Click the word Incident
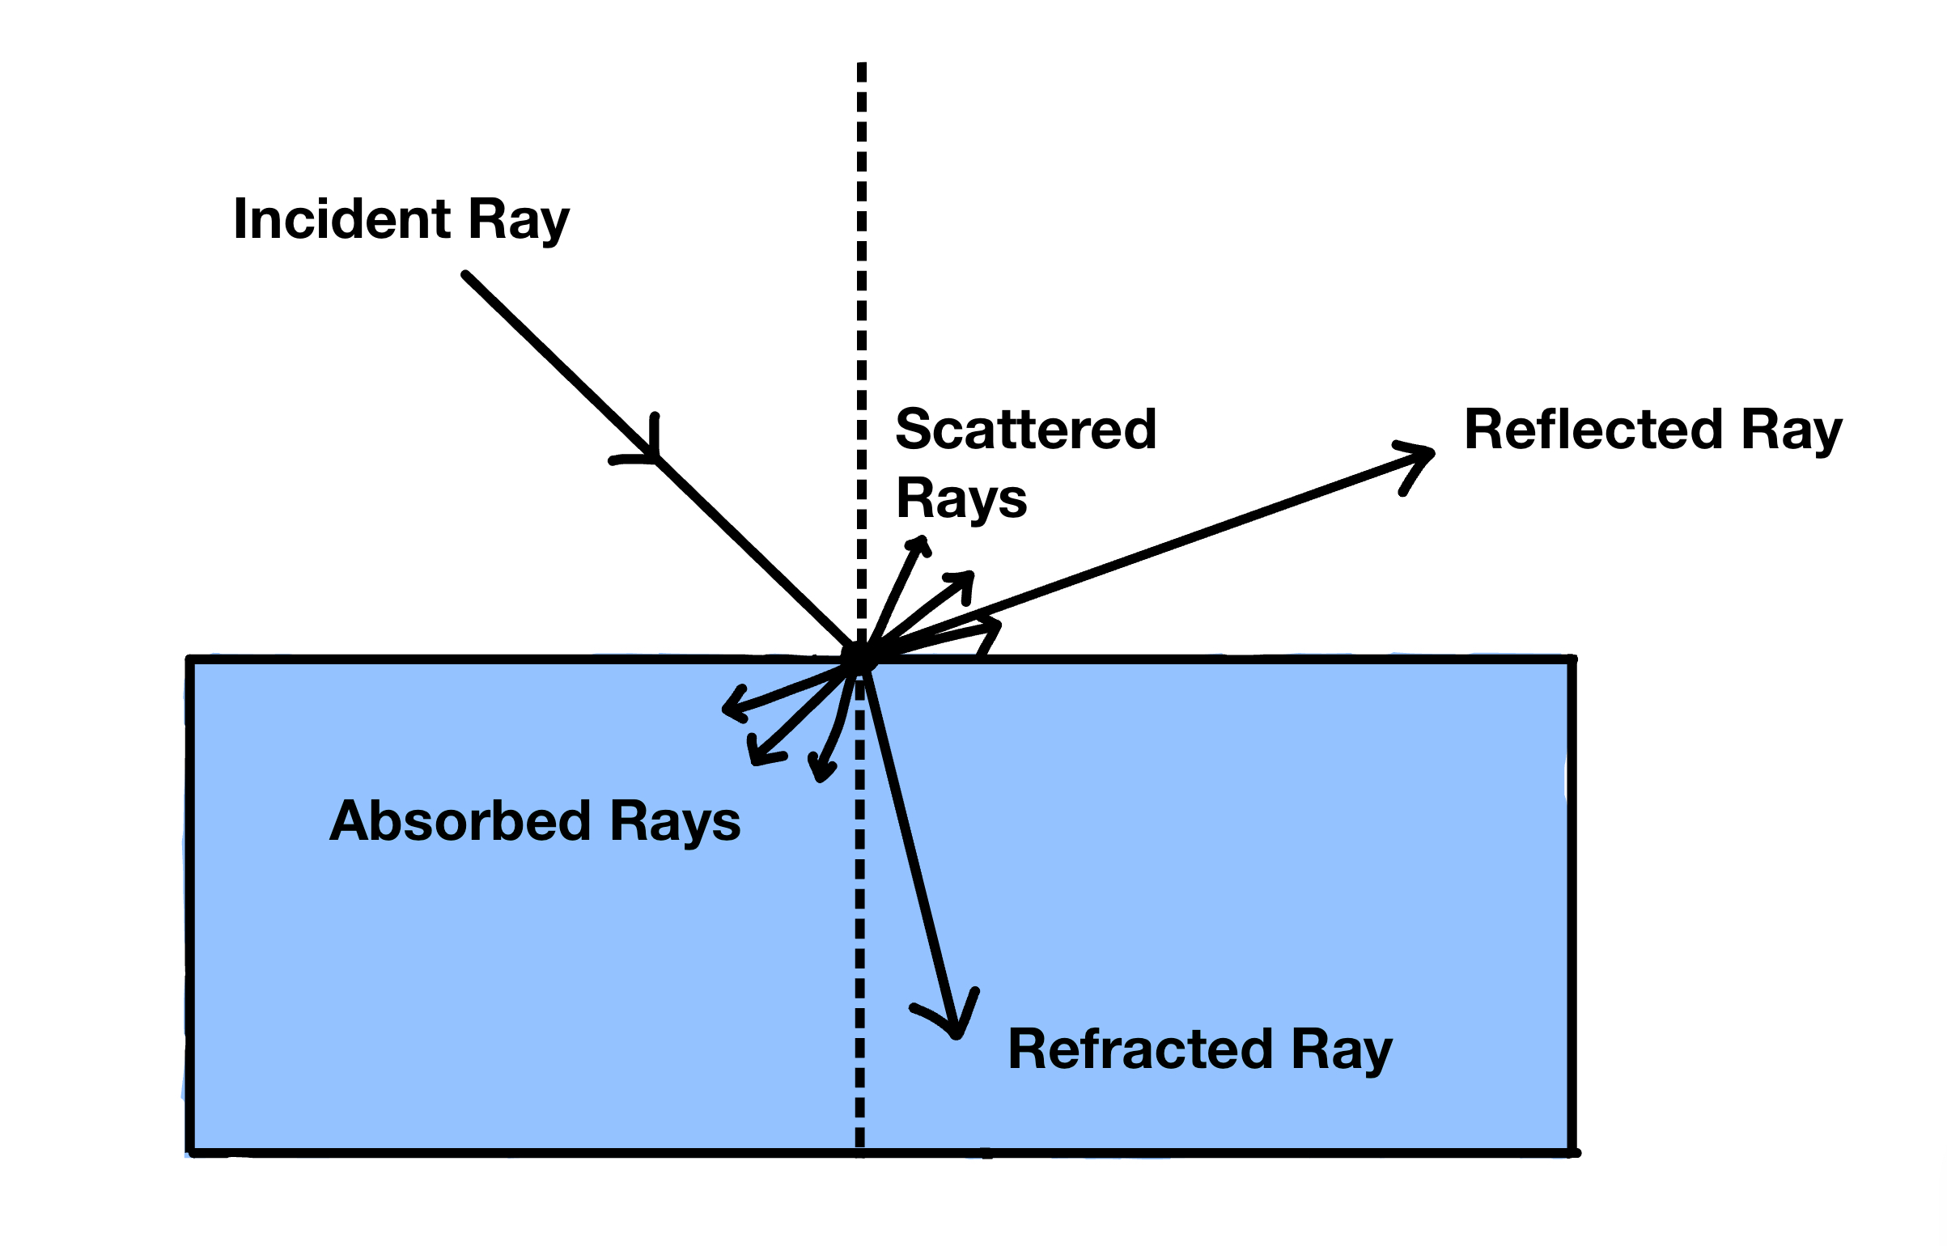tap(341, 219)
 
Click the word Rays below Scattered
tap(961, 500)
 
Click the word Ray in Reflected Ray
tap(1792, 430)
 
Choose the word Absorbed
tap(460, 821)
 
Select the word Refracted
tap(1139, 1049)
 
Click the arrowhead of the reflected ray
tap(1429, 454)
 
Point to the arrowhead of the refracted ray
tap(957, 1032)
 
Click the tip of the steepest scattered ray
tap(922, 540)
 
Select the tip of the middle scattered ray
tap(970, 576)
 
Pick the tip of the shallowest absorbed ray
tap(726, 710)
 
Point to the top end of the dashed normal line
tap(862, 65)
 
